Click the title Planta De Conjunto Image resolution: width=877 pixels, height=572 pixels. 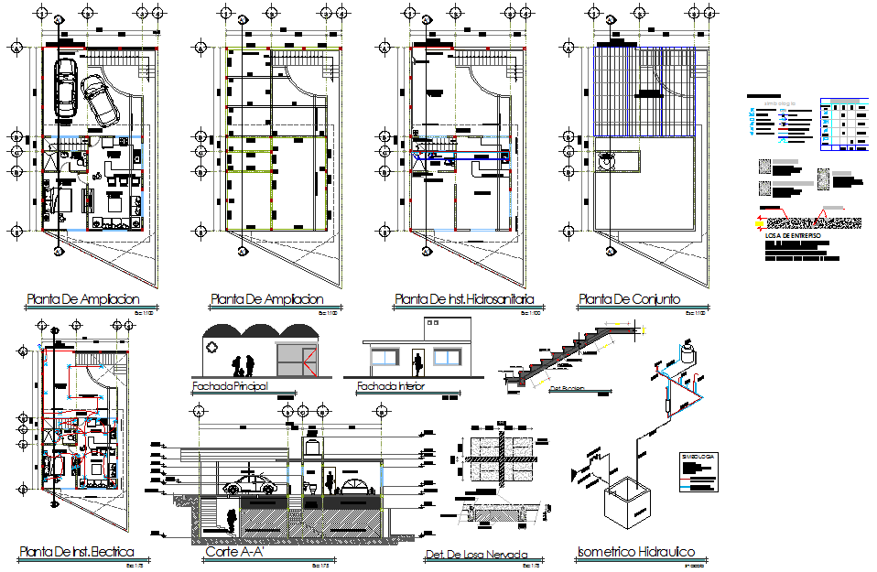tap(628, 299)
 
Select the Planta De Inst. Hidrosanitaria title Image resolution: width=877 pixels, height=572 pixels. tap(464, 299)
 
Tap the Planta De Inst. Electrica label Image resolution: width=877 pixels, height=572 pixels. tap(76, 552)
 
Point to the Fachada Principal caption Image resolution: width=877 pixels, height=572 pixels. tap(230, 387)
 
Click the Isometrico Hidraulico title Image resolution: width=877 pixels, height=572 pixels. tap(636, 552)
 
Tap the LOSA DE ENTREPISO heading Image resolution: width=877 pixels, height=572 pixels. tap(793, 236)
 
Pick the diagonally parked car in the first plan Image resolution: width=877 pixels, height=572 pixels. tap(99, 101)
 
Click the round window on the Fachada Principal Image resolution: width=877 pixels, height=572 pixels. tap(212, 348)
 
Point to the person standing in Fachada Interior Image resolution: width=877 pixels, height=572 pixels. tap(418, 363)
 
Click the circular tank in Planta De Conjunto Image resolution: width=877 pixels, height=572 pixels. tap(606, 162)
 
